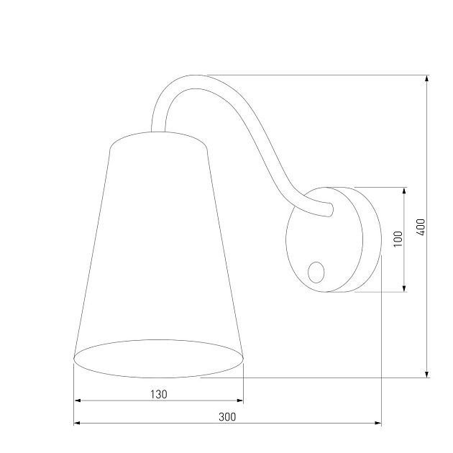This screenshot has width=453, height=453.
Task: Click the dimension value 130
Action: click(x=159, y=394)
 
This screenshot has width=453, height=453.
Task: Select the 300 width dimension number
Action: click(x=227, y=416)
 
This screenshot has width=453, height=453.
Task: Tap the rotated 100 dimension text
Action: click(x=398, y=239)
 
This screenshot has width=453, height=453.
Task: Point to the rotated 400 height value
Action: click(x=421, y=226)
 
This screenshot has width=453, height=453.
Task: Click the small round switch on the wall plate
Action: click(x=316, y=271)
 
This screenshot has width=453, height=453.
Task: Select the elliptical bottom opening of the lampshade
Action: click(x=159, y=358)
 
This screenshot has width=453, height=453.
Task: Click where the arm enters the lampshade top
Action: click(x=158, y=130)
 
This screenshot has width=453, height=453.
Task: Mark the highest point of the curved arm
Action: click(x=193, y=76)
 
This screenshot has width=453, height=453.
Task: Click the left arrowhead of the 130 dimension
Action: click(x=78, y=401)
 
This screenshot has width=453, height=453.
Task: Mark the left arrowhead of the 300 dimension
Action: click(x=78, y=424)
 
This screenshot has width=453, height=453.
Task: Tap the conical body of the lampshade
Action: click(x=159, y=244)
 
